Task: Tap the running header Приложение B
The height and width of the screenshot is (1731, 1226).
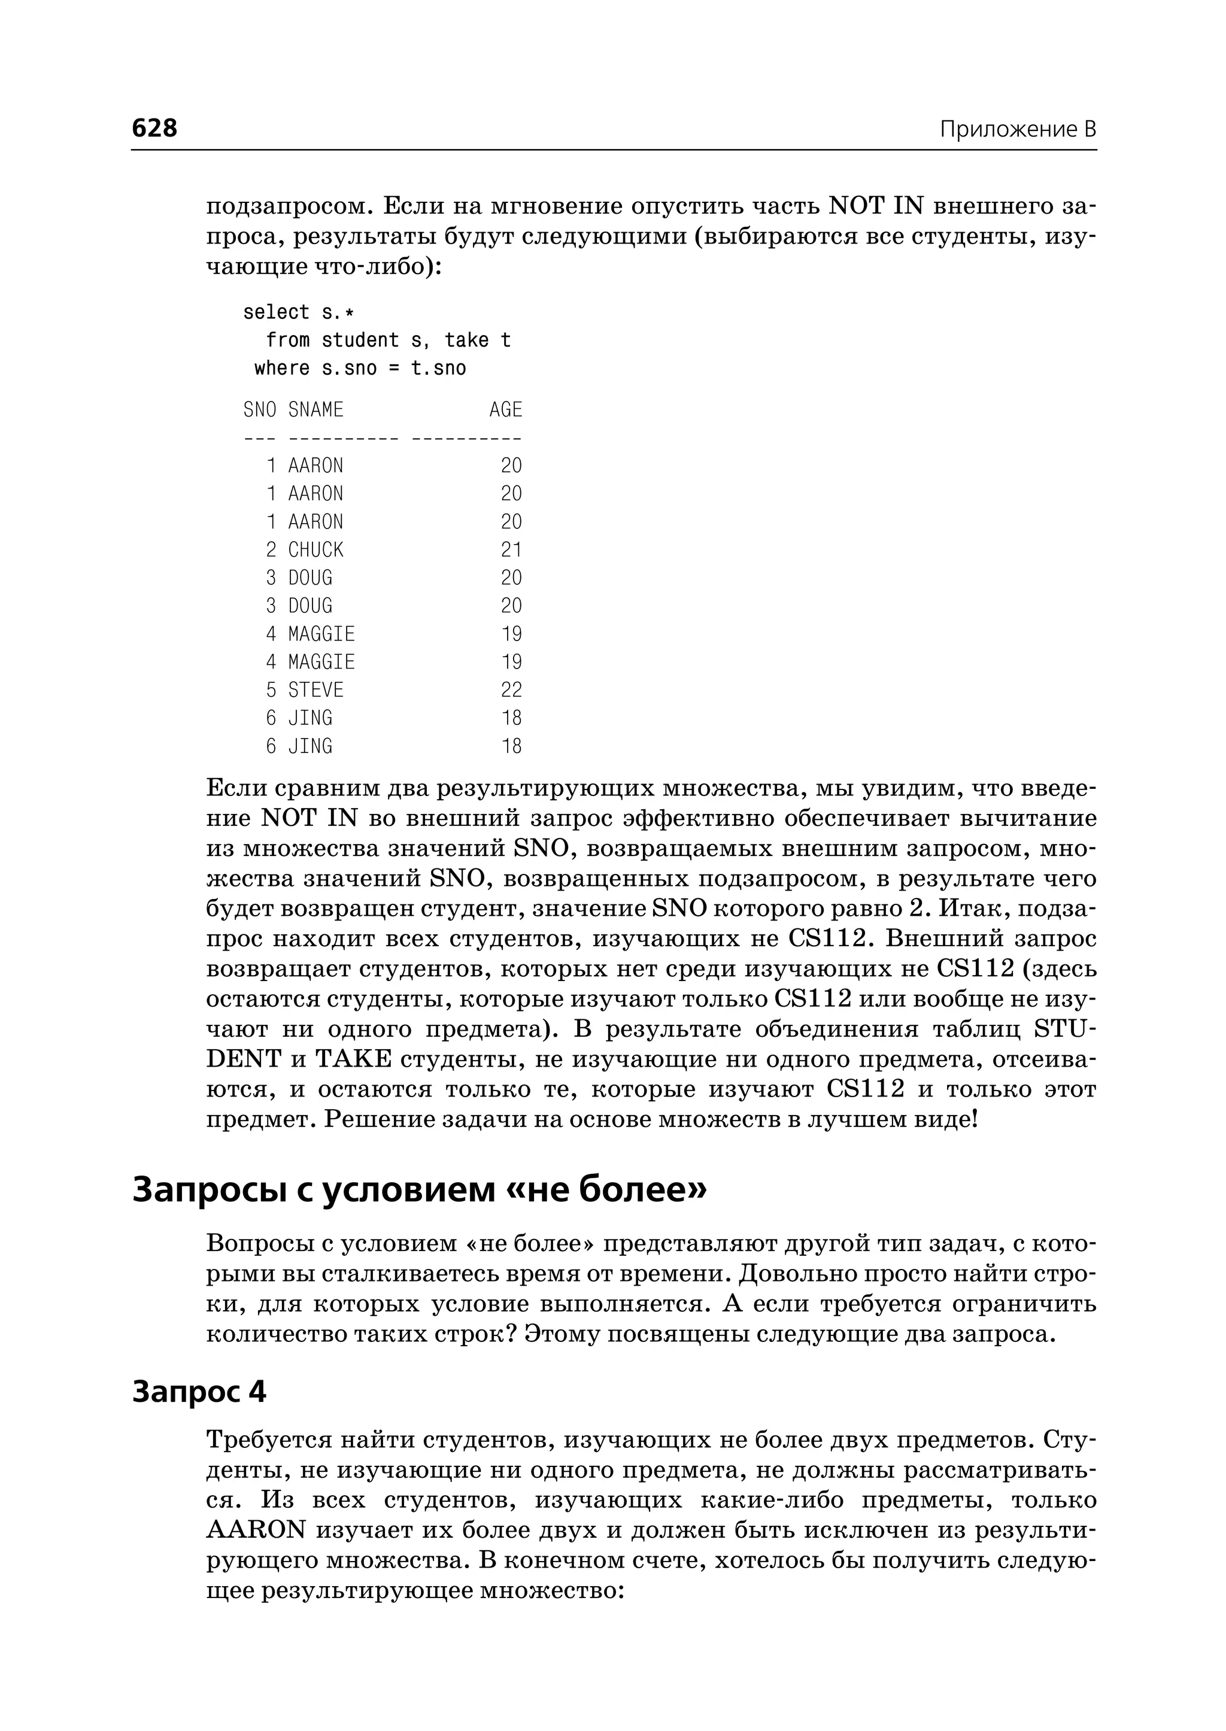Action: pos(1017,129)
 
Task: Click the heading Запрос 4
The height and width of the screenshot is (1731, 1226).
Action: pos(199,1391)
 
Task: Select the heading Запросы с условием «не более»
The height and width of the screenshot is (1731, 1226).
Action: pos(420,1189)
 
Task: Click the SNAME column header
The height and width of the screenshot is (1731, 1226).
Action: pos(315,410)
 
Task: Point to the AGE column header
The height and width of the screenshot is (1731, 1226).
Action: pos(505,410)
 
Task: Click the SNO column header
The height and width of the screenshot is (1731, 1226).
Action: pos(260,410)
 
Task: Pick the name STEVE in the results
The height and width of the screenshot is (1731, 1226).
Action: pos(315,690)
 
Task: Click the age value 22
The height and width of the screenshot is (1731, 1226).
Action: pos(511,690)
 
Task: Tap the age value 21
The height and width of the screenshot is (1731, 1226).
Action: pos(511,549)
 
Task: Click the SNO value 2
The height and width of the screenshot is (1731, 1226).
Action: pos(271,549)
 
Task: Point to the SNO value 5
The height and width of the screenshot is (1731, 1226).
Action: pos(271,690)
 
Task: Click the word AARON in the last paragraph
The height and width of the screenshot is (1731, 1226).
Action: pos(256,1530)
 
